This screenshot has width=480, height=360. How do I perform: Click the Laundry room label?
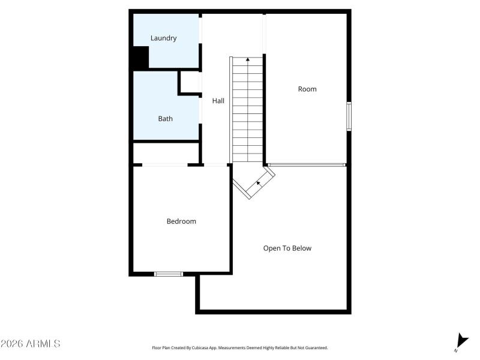click(x=163, y=38)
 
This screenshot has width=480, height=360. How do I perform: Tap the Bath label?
click(x=165, y=119)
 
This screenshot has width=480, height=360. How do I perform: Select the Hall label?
click(x=218, y=101)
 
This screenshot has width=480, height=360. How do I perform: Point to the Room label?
click(x=307, y=89)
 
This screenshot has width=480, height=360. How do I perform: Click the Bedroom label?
click(x=181, y=221)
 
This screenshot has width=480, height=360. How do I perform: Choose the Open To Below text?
click(x=287, y=248)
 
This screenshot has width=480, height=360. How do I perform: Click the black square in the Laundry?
click(x=140, y=58)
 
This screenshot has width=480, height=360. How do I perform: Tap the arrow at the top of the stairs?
click(x=248, y=59)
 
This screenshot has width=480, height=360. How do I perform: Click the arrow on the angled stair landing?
click(x=259, y=182)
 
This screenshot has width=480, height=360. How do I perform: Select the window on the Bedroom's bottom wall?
click(x=169, y=274)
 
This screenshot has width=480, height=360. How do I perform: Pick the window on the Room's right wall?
click(x=349, y=116)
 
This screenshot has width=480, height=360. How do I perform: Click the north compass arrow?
click(x=461, y=340)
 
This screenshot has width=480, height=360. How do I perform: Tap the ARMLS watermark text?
click(x=30, y=344)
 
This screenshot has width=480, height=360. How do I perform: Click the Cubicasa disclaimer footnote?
click(x=240, y=348)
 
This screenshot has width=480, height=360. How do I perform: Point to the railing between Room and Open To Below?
click(x=307, y=164)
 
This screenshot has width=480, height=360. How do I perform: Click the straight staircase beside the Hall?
click(x=248, y=111)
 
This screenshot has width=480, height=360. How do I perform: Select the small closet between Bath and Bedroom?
click(x=166, y=153)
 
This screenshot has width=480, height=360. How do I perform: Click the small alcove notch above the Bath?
click(x=190, y=83)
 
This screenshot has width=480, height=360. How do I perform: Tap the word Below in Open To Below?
click(x=301, y=248)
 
